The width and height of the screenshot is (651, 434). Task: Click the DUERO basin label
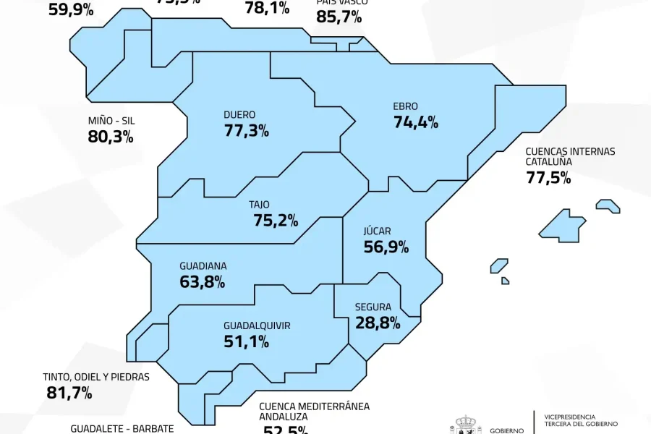[x=239, y=115]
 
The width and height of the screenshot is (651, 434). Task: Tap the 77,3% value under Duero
[x=247, y=131]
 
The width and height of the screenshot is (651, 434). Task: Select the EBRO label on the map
[x=405, y=106]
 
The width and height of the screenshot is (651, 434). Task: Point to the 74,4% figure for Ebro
[x=416, y=122]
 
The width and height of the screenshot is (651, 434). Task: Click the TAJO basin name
[x=259, y=205]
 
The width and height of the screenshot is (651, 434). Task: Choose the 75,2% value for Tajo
[x=276, y=221]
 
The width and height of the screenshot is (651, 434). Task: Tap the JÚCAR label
[x=377, y=231]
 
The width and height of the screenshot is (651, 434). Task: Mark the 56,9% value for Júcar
[x=386, y=247]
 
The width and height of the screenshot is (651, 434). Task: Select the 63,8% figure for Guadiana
[x=202, y=281]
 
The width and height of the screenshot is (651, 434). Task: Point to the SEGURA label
[x=373, y=307]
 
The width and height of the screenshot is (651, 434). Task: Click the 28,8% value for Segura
[x=378, y=323]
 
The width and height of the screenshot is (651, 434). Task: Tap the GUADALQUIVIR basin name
[x=257, y=325]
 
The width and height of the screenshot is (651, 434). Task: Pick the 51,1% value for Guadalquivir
[x=247, y=341]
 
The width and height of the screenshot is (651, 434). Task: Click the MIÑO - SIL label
[x=111, y=121]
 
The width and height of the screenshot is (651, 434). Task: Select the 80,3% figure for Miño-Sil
[x=111, y=137]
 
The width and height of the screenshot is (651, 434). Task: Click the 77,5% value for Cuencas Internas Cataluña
[x=548, y=178]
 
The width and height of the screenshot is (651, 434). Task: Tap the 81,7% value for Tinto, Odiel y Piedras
[x=69, y=393]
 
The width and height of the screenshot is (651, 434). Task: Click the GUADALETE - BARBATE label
[x=122, y=428]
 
